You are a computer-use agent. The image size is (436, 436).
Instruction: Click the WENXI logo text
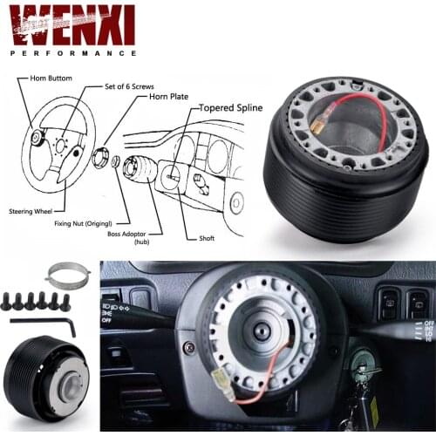click(x=72, y=24)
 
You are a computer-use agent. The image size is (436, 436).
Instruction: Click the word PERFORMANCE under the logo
click(x=72, y=52)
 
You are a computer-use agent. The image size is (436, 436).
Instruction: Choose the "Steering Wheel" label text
click(x=31, y=211)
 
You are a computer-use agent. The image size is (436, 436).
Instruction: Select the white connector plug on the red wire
click(x=223, y=387)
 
